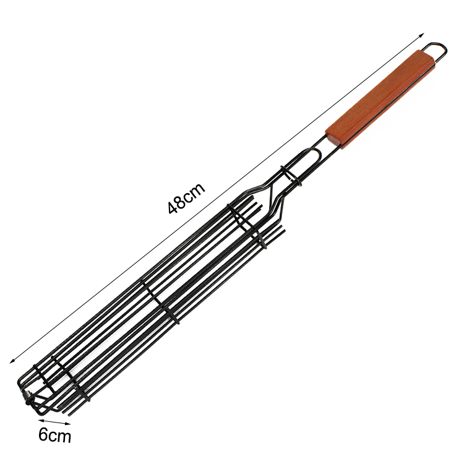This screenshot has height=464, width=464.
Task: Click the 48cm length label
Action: [186, 198]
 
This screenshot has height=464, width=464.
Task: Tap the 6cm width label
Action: [54, 436]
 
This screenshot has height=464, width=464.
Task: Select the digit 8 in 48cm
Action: [181, 200]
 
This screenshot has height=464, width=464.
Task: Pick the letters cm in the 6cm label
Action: [60, 437]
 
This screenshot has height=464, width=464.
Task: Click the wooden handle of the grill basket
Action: [380, 99]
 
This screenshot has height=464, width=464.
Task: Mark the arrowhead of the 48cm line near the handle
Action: [422, 35]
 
